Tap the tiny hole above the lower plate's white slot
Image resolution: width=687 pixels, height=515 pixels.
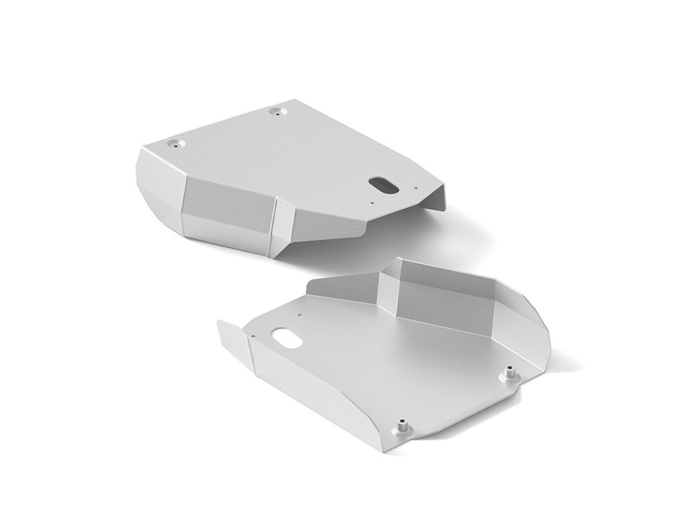[x=299, y=314]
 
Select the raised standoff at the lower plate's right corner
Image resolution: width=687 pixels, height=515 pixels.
[x=507, y=375]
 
